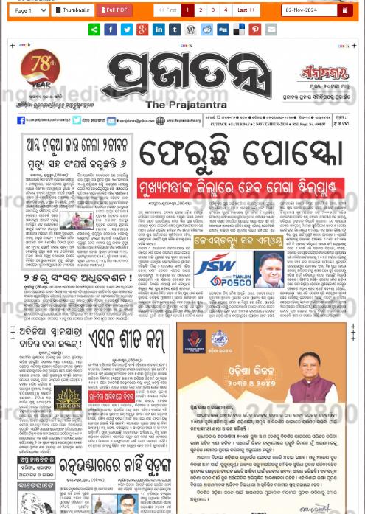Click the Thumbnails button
73,10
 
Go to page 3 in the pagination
212,10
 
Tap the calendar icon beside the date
344,10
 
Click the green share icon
94,29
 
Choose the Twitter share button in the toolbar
126,29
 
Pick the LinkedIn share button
159,29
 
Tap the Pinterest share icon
254,29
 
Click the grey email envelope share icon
271,29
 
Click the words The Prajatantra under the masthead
181,105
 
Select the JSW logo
213,264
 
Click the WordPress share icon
190,29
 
